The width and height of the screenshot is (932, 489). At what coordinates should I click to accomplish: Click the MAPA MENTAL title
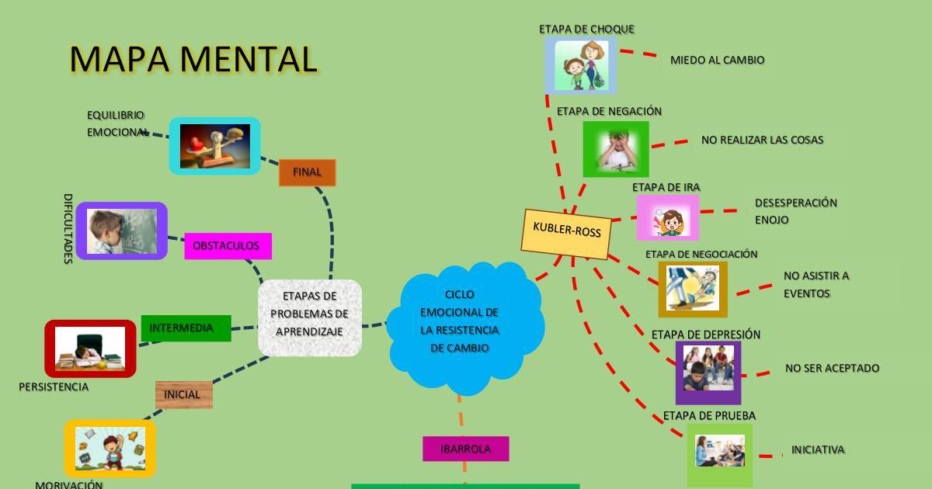pos(193,59)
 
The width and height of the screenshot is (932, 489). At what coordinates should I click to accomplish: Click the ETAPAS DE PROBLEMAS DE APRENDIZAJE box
pos(310,317)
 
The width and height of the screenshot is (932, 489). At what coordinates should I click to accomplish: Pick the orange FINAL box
pos(307,172)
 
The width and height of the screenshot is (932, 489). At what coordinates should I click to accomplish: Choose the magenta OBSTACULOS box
pos(228,245)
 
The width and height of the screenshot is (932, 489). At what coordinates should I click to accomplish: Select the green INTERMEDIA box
pos(186,328)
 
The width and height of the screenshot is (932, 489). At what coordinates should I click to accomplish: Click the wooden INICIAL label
pos(183,394)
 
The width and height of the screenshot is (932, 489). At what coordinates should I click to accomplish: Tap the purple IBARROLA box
pos(465,449)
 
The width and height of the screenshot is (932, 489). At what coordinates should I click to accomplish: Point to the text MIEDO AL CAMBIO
pos(717,60)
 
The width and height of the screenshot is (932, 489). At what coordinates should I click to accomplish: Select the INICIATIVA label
pos(817,449)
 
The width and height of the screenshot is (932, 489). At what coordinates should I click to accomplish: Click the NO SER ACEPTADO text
pos(832,368)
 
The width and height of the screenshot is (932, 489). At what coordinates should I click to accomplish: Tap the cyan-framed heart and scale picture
pos(214,146)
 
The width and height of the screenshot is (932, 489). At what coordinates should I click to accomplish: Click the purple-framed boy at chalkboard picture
pos(122,231)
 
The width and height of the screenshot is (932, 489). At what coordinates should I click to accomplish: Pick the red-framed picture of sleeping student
pos(90,349)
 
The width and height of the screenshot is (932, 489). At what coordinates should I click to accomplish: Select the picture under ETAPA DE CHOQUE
pos(581,65)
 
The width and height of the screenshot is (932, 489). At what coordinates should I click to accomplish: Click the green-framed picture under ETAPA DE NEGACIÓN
pos(615,149)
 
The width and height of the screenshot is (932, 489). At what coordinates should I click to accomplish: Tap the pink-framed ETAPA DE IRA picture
pos(668,218)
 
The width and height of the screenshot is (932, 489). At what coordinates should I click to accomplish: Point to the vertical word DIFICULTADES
pos(68,228)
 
